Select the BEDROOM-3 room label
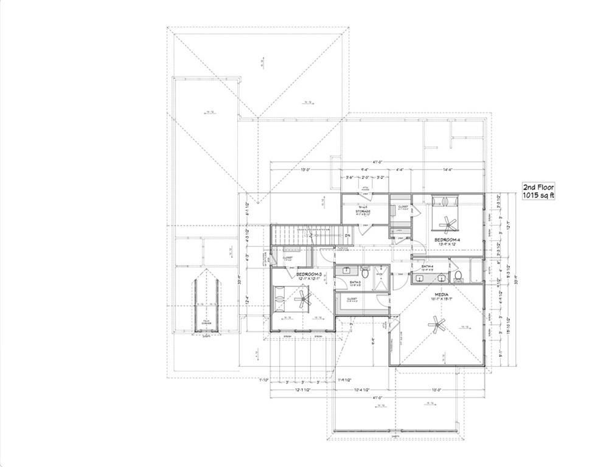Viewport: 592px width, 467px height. pos(308,275)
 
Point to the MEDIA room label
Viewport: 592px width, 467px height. pos(441,294)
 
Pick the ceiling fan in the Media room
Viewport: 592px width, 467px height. pos(437,325)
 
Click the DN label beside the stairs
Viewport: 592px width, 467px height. pos(347,235)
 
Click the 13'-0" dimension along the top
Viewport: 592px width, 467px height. pos(305,170)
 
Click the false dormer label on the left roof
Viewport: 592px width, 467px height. pos(206,320)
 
